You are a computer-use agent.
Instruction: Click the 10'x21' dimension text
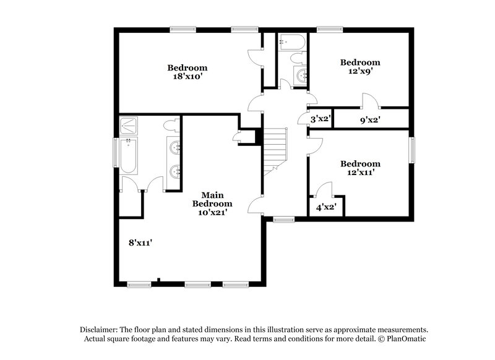(x=212, y=212)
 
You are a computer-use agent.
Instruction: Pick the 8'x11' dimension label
(x=140, y=243)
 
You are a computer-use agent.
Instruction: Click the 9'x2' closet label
(x=370, y=119)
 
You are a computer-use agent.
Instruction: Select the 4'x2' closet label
(x=325, y=207)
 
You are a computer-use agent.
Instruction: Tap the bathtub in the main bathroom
(x=129, y=156)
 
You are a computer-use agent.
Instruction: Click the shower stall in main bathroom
(x=129, y=126)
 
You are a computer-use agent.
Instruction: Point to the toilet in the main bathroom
(x=171, y=126)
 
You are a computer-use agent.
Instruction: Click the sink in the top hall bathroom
(x=301, y=75)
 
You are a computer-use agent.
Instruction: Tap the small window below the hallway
(x=284, y=219)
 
